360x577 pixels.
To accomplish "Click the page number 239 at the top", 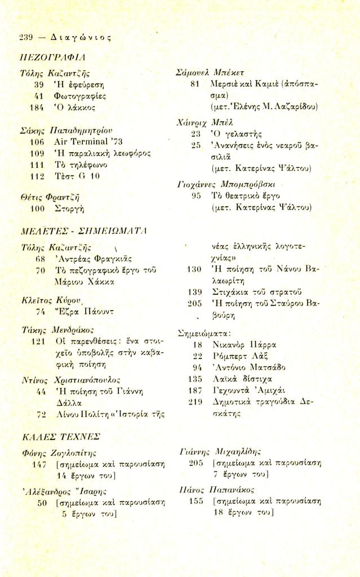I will [26, 38].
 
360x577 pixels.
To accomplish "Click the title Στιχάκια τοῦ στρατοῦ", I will [247, 291].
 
